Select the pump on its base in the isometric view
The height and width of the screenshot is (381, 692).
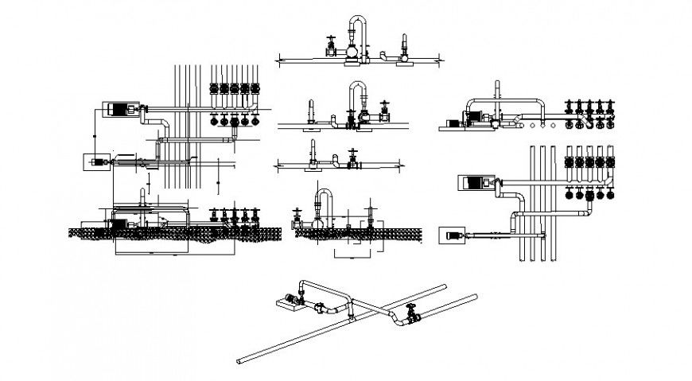287,301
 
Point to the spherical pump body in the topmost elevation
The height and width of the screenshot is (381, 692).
350,53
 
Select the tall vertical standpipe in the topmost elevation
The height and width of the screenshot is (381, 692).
404,44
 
